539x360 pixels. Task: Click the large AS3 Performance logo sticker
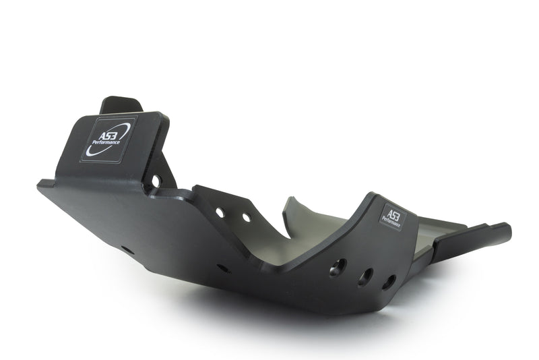pos(108,140)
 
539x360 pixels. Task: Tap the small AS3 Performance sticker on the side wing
pos(393,216)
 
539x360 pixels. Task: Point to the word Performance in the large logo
pos(106,142)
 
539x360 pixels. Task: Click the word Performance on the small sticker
pos(391,221)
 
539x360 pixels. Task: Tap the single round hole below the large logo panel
pos(156,181)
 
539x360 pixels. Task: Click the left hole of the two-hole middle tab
pos(220,213)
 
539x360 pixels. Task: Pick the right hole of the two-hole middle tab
pos(247,217)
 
